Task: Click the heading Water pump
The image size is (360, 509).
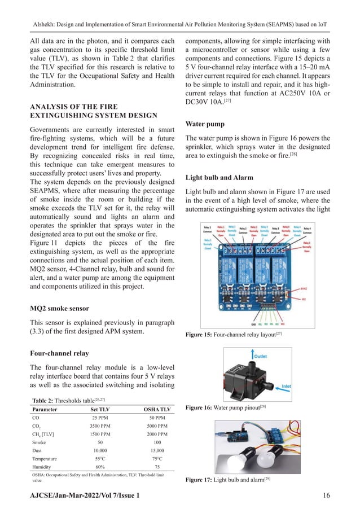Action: pos(208,124)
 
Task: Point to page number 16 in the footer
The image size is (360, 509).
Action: pos(326,495)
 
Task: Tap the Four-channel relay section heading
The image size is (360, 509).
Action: pos(59,354)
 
